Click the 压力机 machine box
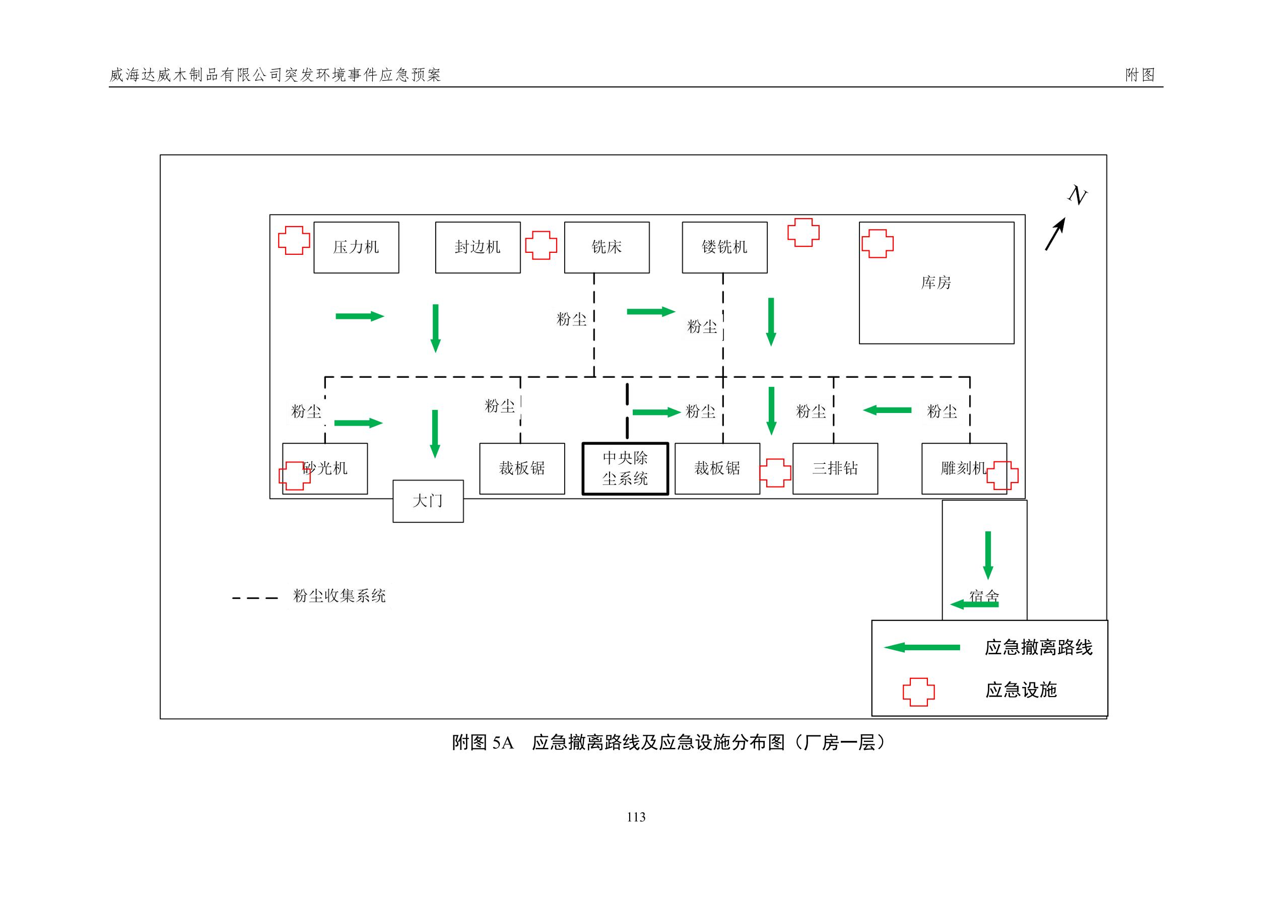pos(356,247)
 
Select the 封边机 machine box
pos(478,247)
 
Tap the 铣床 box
pos(607,247)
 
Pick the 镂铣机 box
pos(724,247)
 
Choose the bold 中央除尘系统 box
pos(625,468)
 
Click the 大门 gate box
pos(428,501)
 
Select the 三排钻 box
pos(835,468)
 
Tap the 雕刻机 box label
pos(963,468)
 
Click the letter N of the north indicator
pos(1078,195)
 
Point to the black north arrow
pos(1055,234)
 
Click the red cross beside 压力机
pos(294,240)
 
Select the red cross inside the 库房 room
pos(878,244)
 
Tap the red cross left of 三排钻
pos(775,473)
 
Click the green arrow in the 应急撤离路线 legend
pos(922,647)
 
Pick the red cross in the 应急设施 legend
pos(918,692)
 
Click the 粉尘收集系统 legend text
pos(339,596)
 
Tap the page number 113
pos(636,817)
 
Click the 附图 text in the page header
pos(1140,75)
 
